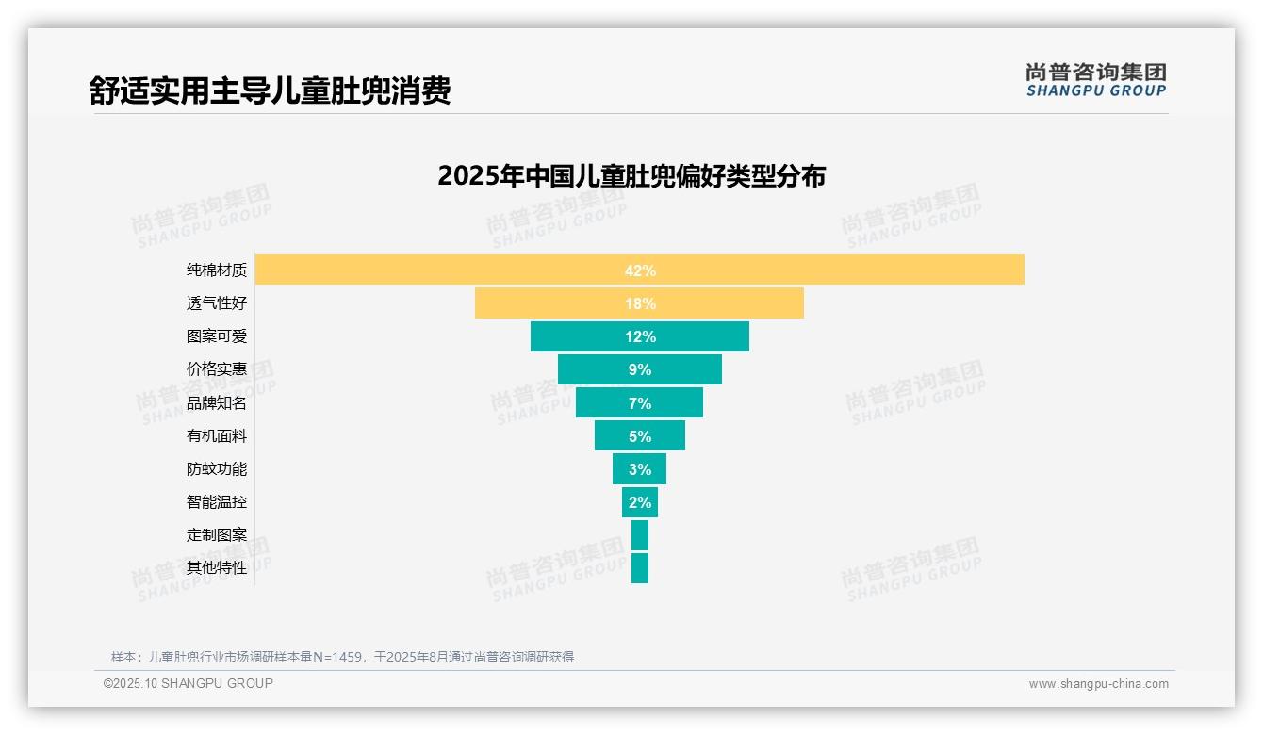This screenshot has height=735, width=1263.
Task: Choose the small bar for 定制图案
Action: point(640,535)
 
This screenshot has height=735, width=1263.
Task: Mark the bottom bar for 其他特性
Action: point(640,568)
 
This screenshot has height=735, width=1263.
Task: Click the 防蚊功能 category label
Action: point(217,469)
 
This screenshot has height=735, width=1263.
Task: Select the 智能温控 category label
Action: point(217,502)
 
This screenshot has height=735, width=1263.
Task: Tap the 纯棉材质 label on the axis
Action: point(217,270)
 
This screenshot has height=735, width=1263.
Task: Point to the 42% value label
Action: point(640,270)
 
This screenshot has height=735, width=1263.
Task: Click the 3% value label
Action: point(640,469)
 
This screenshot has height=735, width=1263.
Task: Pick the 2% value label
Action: point(640,502)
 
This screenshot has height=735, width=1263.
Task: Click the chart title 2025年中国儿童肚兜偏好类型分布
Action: point(631,176)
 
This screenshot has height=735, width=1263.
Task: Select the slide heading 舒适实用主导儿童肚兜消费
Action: point(271,90)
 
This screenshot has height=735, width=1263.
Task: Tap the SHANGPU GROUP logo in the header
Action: point(1096,80)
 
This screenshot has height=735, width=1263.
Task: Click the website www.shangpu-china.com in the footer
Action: point(1098,684)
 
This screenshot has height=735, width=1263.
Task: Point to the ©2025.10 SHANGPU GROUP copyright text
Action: point(189,683)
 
